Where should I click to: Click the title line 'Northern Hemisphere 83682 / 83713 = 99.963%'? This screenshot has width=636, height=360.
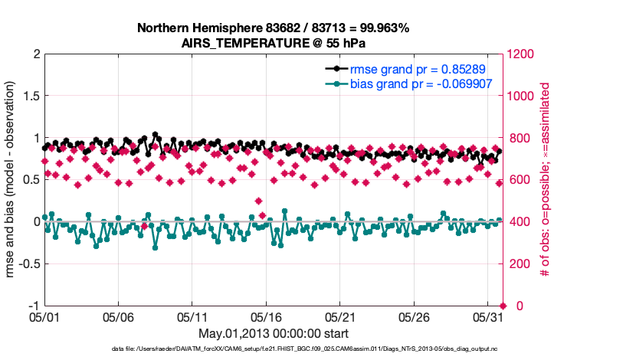pos(273,28)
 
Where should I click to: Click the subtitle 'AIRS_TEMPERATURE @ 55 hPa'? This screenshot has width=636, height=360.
pos(273,43)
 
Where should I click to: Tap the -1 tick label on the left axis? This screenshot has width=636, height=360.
pos(33,306)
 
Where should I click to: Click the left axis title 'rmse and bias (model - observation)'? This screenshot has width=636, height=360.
pos(12,180)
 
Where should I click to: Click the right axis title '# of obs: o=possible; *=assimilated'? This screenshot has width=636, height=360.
pos(546,180)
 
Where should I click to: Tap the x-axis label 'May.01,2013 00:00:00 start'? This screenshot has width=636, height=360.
pos(273,334)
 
